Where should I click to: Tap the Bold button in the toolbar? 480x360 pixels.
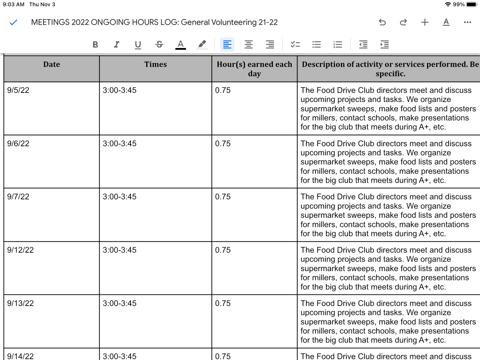pyautogui.click(x=95, y=45)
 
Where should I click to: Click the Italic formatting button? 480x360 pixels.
pyautogui.click(x=117, y=45)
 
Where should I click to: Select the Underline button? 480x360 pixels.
pyautogui.click(x=138, y=45)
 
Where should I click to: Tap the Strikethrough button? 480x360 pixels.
pyautogui.click(x=159, y=45)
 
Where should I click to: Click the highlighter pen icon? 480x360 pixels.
pyautogui.click(x=202, y=45)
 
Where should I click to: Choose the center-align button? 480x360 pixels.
pyautogui.click(x=249, y=45)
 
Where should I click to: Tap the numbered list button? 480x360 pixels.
pyautogui.click(x=338, y=45)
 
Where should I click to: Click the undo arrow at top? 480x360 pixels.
pyautogui.click(x=382, y=22)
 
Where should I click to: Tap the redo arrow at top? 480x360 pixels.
pyautogui.click(x=403, y=22)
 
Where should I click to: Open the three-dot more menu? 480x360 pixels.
pyautogui.click(x=467, y=22)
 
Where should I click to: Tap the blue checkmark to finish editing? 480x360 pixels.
pyautogui.click(x=13, y=22)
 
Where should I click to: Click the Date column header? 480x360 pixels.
pyautogui.click(x=51, y=64)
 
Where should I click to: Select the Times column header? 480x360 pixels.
pyautogui.click(x=156, y=64)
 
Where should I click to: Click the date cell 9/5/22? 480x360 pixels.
pyautogui.click(x=18, y=90)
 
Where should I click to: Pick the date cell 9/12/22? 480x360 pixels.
pyautogui.click(x=21, y=250)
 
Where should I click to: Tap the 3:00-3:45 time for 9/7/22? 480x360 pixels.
pyautogui.click(x=120, y=197)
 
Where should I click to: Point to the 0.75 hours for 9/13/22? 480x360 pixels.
pyautogui.click(x=223, y=303)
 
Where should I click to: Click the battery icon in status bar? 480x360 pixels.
pyautogui.click(x=471, y=4)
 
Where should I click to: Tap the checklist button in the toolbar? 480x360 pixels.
pyautogui.click(x=295, y=45)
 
